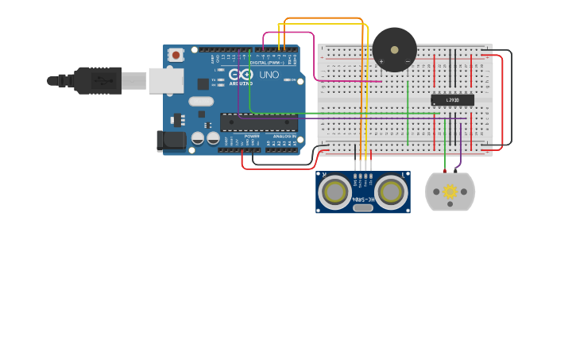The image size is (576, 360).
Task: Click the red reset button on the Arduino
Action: (x=176, y=55)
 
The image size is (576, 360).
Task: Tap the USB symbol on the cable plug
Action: (x=102, y=80)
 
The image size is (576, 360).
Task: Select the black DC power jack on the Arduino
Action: (x=170, y=141)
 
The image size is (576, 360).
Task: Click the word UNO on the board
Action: (x=269, y=75)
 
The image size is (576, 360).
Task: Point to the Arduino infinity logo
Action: (x=241, y=75)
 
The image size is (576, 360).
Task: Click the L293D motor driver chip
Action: (x=452, y=99)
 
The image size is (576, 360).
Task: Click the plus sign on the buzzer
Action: (x=381, y=61)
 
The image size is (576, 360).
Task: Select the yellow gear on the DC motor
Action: (x=450, y=192)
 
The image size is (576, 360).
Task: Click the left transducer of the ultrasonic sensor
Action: (x=336, y=192)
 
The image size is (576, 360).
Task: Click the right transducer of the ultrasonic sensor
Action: (x=391, y=192)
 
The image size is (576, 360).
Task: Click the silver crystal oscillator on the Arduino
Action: (x=201, y=101)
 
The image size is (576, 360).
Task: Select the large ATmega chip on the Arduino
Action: (x=259, y=122)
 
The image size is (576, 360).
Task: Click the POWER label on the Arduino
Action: (x=252, y=136)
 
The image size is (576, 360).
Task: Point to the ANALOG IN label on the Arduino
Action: (x=284, y=136)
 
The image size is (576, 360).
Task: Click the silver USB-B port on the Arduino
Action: (x=166, y=80)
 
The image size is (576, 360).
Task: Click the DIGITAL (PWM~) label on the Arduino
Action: (x=265, y=62)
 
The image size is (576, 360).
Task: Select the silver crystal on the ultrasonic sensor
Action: (x=363, y=207)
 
